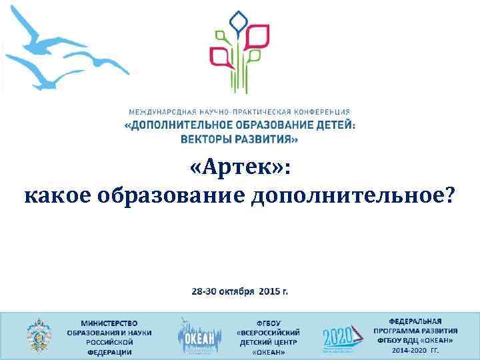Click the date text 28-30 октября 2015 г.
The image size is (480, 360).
240,291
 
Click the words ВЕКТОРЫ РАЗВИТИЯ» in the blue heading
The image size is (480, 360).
239,139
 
